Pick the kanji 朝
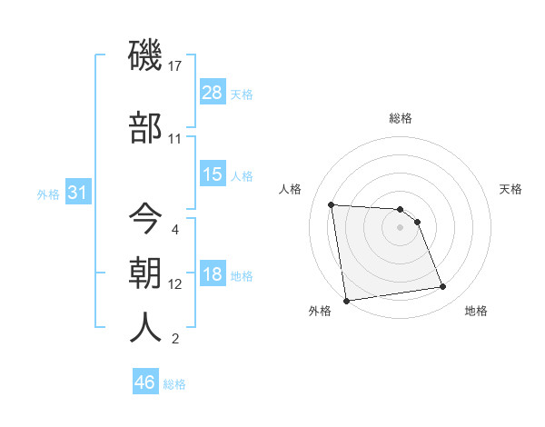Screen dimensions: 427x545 (x=146, y=273)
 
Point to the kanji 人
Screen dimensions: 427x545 (x=146, y=328)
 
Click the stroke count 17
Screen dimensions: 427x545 (x=176, y=66)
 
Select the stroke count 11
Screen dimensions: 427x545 (x=175, y=139)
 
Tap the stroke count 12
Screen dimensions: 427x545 (x=176, y=284)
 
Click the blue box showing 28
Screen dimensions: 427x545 (x=213, y=93)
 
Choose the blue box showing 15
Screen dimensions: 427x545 (x=213, y=174)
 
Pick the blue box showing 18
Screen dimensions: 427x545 (x=213, y=274)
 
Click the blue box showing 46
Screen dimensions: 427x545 (x=145, y=382)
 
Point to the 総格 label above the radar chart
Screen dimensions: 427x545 (x=401, y=118)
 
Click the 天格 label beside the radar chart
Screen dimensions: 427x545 (x=510, y=189)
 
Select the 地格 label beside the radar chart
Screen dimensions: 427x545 (x=476, y=312)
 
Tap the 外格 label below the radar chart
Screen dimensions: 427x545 (x=320, y=312)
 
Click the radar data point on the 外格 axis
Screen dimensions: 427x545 (x=345, y=301)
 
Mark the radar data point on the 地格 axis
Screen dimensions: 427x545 (x=442, y=287)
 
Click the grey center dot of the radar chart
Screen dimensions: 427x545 (x=400, y=228)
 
